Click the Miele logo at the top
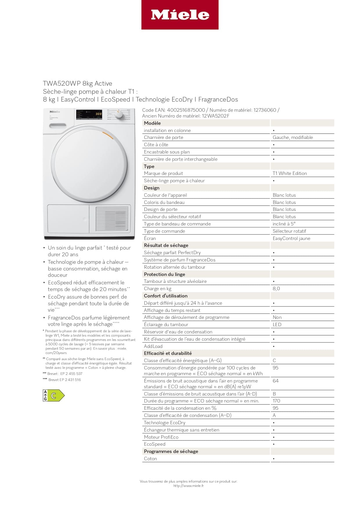pyautogui.click(x=180, y=15)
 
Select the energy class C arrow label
pyautogui.click(x=54, y=396)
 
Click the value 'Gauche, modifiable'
pyautogui.click(x=293, y=138)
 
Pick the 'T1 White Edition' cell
pyautogui.click(x=290, y=174)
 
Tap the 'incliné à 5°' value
pyautogui.click(x=284, y=224)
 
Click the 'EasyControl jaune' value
pyautogui.click(x=291, y=239)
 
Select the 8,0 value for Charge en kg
pyautogui.click(x=276, y=289)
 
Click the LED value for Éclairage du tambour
pyautogui.click(x=277, y=325)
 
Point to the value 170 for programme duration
pyautogui.click(x=276, y=401)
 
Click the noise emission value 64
pyautogui.click(x=276, y=381)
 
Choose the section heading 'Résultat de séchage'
pyautogui.click(x=166, y=246)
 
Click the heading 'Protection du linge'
pyautogui.click(x=164, y=275)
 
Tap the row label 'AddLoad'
pyautogui.click(x=153, y=346)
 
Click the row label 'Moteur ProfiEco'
pyautogui.click(x=161, y=437)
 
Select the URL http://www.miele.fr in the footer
pyautogui.click(x=189, y=486)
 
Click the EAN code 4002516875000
pyautogui.click(x=186, y=110)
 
